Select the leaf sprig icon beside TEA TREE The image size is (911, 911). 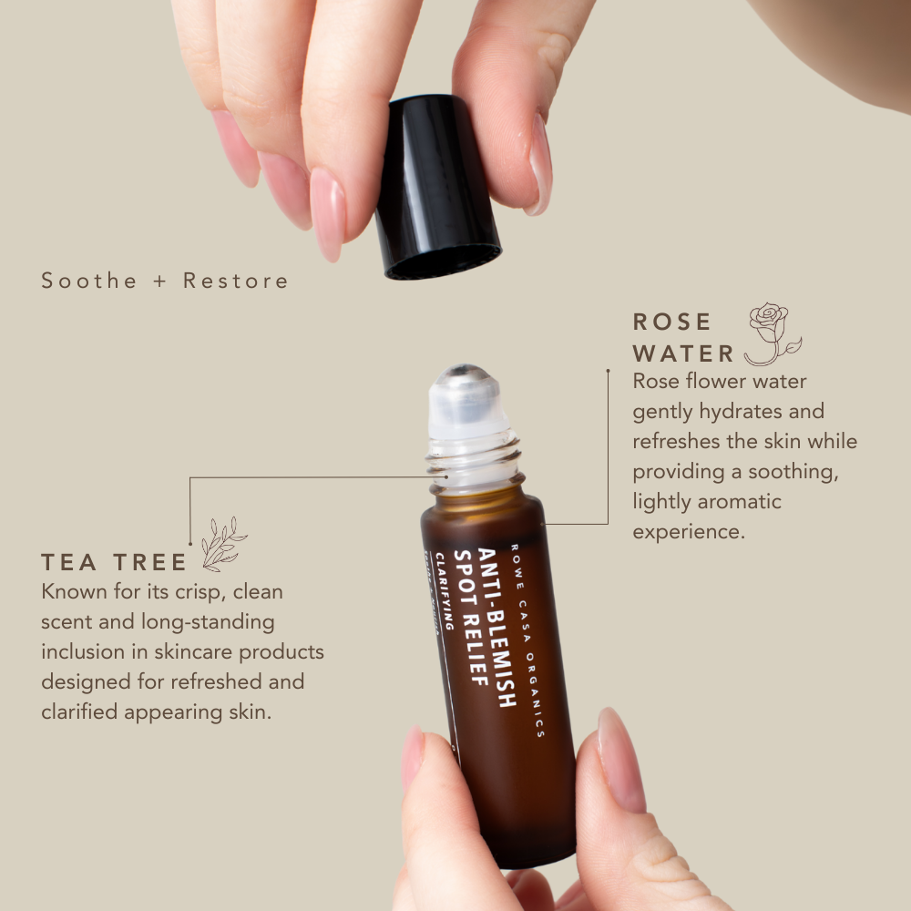222,544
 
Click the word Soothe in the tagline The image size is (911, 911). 88,281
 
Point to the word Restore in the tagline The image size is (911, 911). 236,281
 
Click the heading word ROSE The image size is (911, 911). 672,322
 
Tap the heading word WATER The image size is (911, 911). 683,353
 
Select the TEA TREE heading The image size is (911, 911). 114,561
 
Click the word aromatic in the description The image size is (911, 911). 740,501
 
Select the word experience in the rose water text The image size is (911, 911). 689,531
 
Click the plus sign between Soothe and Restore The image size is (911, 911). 160,281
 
